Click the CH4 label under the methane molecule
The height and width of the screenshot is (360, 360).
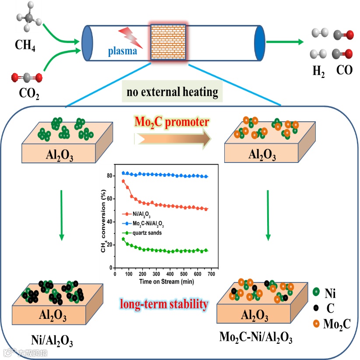tap(25, 45)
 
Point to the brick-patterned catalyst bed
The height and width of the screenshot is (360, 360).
tap(169, 42)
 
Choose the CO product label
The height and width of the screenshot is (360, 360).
tap(345, 70)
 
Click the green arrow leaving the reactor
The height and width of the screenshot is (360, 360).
tap(285, 42)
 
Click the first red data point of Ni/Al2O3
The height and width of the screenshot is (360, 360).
tap(123, 181)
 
